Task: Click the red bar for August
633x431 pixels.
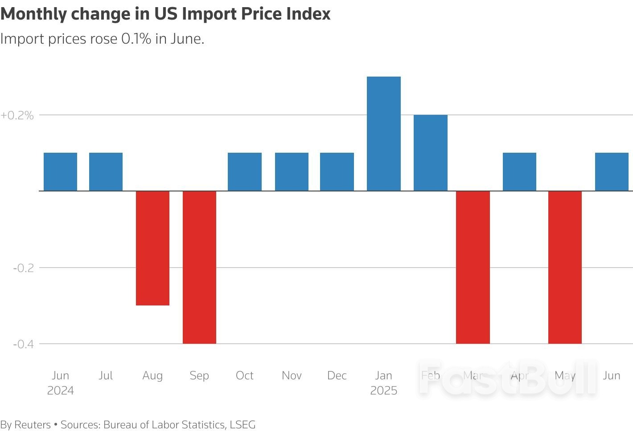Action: [152, 248]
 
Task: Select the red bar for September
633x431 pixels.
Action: [199, 267]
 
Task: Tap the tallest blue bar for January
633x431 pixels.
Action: [383, 134]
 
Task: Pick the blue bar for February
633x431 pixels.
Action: [430, 153]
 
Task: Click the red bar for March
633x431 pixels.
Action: [473, 267]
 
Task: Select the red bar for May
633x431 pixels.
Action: [565, 267]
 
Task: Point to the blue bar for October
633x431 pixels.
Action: [244, 172]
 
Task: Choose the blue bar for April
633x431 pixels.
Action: [519, 172]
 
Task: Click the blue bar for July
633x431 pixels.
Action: [106, 172]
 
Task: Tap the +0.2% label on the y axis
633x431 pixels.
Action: [17, 115]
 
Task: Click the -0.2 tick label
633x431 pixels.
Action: [23, 268]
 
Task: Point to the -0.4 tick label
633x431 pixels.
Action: [23, 344]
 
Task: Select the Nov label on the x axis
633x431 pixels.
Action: [292, 376]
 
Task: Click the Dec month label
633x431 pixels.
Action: [337, 376]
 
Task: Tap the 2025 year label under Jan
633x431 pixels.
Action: [383, 391]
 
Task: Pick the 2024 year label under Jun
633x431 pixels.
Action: [60, 391]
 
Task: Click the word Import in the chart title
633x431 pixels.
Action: [209, 14]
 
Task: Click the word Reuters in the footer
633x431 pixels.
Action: [33, 425]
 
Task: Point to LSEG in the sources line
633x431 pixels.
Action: [243, 425]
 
